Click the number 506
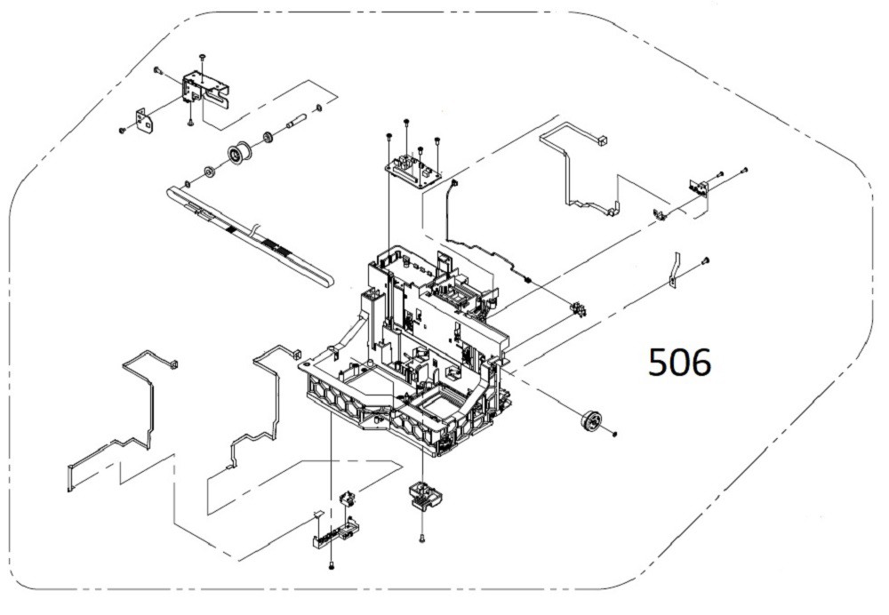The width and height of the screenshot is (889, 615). click(x=680, y=362)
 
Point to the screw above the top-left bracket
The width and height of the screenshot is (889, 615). click(x=203, y=57)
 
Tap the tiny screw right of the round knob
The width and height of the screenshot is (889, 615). click(x=614, y=433)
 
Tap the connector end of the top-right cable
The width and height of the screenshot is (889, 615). click(x=602, y=140)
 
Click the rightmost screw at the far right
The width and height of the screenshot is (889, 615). click(x=745, y=169)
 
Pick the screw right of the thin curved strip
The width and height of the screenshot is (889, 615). click(x=706, y=260)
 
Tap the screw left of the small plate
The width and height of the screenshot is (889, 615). click(x=121, y=131)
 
